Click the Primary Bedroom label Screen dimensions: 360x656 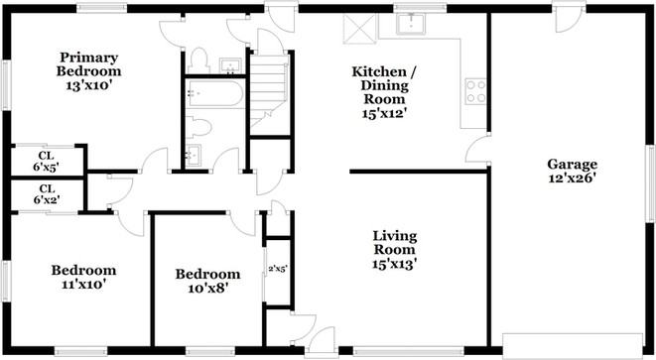(89, 63)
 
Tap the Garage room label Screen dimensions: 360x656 (572, 165)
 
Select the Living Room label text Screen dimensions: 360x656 (394, 243)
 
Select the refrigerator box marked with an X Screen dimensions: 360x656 (354, 26)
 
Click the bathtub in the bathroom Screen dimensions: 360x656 (210, 96)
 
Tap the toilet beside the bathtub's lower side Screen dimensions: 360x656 (199, 127)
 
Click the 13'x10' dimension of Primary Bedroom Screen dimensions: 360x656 (89, 84)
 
